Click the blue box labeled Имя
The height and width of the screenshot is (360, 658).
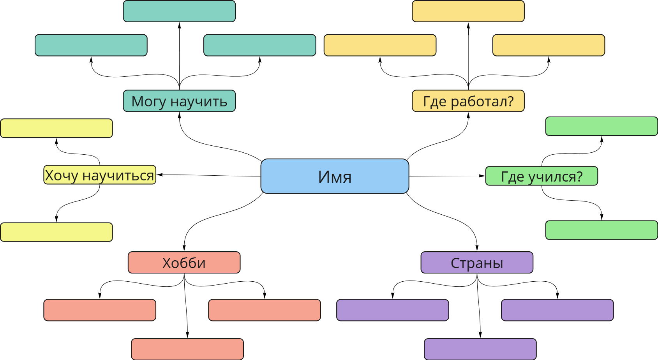click(x=335, y=176)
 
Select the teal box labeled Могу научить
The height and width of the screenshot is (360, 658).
click(x=179, y=101)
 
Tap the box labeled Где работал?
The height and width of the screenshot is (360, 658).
click(x=468, y=101)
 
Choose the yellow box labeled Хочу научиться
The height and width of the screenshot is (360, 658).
click(x=99, y=175)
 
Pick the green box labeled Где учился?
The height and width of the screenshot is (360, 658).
click(x=541, y=176)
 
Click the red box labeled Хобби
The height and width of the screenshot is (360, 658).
click(x=184, y=263)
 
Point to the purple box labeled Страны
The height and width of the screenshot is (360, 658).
click(x=476, y=263)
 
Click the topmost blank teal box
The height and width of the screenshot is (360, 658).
click(x=179, y=11)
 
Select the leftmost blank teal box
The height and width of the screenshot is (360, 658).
click(x=91, y=45)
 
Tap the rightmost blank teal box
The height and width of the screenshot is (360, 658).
click(x=259, y=45)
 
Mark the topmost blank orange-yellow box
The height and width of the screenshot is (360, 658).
click(x=468, y=11)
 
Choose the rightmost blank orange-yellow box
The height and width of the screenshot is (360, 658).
click(x=548, y=45)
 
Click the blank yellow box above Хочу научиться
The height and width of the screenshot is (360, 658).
click(x=56, y=128)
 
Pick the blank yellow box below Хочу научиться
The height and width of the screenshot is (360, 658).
click(x=56, y=232)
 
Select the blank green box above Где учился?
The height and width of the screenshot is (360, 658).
click(x=601, y=126)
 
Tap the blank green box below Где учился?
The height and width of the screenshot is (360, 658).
click(x=601, y=230)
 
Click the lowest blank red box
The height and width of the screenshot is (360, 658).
click(x=187, y=349)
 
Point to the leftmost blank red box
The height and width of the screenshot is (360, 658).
click(x=99, y=310)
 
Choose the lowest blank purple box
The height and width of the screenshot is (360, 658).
click(x=480, y=349)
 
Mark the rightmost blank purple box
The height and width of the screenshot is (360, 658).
click(x=557, y=310)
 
